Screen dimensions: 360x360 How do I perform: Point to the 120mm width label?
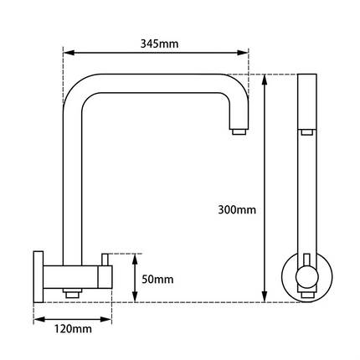coord(72,329)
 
